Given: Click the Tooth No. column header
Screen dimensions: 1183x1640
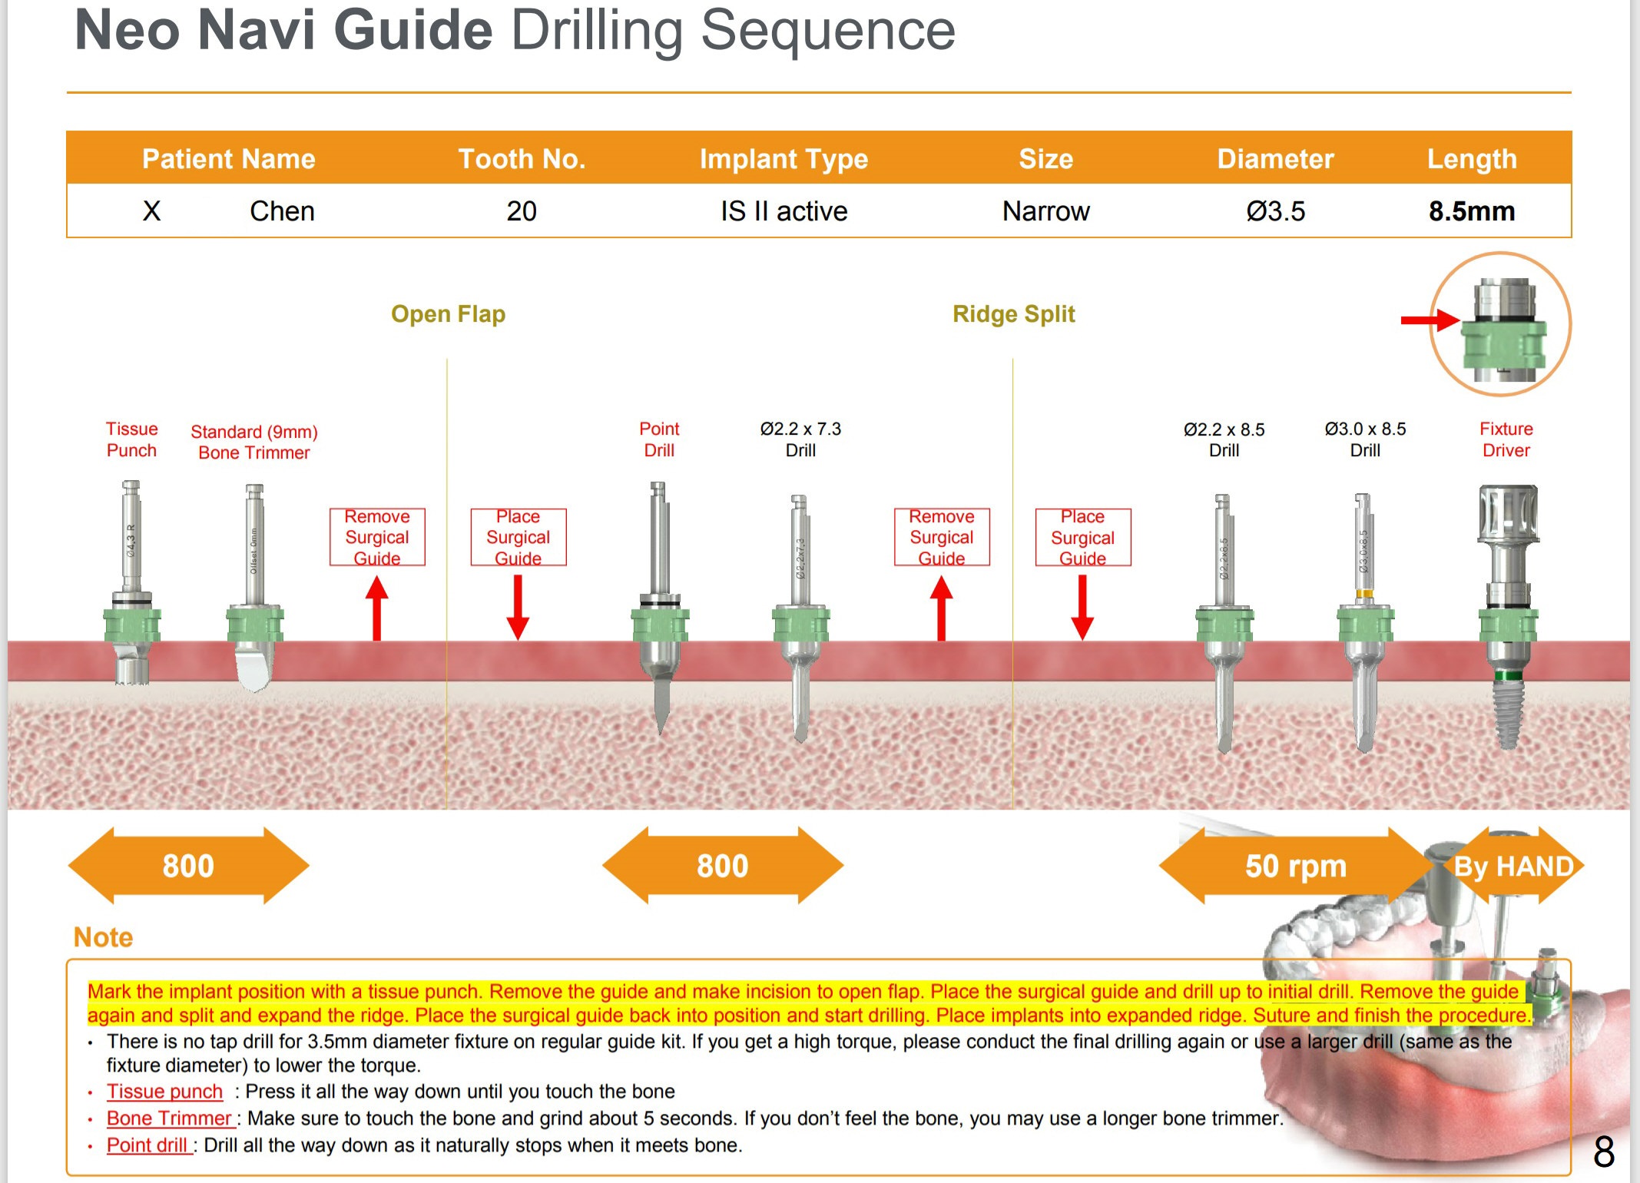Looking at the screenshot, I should (x=522, y=159).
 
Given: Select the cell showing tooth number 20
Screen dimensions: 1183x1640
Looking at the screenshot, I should (x=522, y=211).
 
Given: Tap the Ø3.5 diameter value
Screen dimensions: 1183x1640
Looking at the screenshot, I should (x=1275, y=211).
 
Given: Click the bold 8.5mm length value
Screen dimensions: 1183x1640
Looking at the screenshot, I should (x=1471, y=211).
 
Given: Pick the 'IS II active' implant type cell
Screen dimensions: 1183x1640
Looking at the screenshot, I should (x=784, y=211).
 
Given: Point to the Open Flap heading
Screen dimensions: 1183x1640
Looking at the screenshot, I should (x=448, y=314).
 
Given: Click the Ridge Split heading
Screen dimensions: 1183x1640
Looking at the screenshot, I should (x=1013, y=314).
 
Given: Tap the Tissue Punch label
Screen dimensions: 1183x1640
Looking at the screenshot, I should (x=131, y=439).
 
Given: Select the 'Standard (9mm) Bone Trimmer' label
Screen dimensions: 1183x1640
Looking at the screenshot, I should (x=254, y=442).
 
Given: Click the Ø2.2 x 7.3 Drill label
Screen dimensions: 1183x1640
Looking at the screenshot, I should (x=800, y=439).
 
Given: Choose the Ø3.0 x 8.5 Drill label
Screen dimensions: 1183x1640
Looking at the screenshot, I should (x=1365, y=439).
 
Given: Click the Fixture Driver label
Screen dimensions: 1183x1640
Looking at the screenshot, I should (x=1506, y=439).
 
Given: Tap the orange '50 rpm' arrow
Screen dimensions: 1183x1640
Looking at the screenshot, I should (x=1295, y=866).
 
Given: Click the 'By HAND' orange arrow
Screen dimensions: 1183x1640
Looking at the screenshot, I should (x=1513, y=866).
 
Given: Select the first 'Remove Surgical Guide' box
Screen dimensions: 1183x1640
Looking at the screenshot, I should (x=377, y=537).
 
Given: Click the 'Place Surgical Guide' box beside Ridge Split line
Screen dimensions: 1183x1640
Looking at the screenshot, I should (x=1082, y=537).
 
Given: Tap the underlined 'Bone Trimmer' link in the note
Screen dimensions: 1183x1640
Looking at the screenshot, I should (x=169, y=1118).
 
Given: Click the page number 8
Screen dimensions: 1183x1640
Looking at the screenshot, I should (x=1603, y=1152).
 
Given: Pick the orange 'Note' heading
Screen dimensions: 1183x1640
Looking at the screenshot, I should (x=103, y=937).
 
